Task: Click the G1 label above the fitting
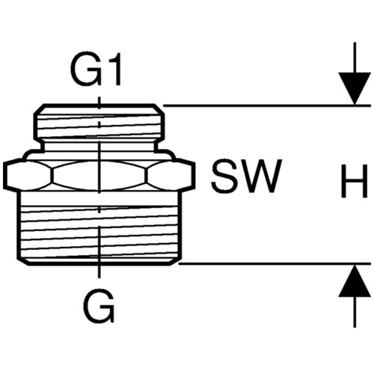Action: coord(96,69)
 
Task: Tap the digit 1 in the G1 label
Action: coord(114,69)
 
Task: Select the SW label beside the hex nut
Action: coord(247,177)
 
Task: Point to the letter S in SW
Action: coord(224,177)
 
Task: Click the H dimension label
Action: coord(355,181)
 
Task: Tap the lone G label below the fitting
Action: coord(99,307)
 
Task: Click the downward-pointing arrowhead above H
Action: coord(355,88)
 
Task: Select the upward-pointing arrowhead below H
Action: coord(355,280)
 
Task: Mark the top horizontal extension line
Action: coord(267,105)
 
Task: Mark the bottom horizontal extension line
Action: coord(275,263)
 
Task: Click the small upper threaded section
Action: coord(99,121)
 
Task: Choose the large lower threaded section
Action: coord(99,227)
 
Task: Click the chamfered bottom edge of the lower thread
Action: coord(99,262)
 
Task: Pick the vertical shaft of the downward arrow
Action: coord(355,58)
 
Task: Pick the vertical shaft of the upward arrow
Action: coord(355,312)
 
